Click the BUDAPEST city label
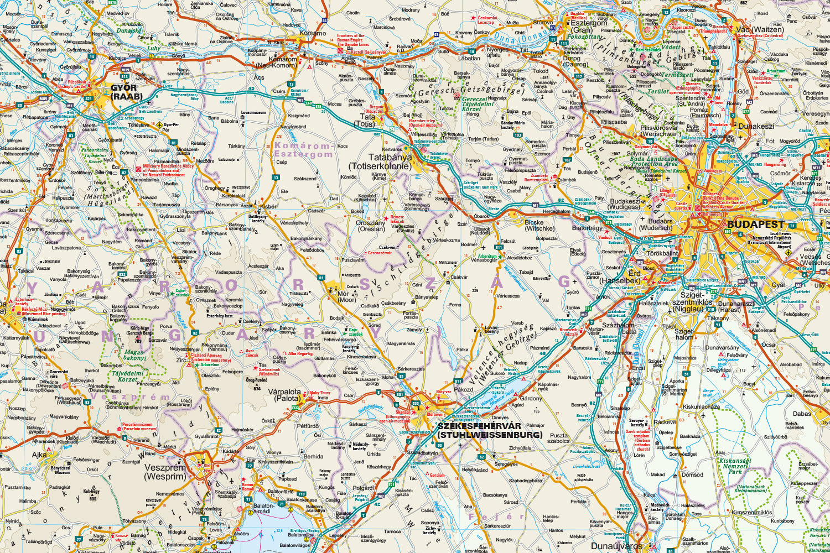756,224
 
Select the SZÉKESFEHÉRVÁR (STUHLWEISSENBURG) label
489,430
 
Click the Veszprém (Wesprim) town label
165,471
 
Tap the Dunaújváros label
616,546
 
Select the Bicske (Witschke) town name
539,225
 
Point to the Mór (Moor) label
347,296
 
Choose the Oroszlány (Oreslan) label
370,226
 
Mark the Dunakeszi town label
756,126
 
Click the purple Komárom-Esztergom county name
303,150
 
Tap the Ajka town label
39,455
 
